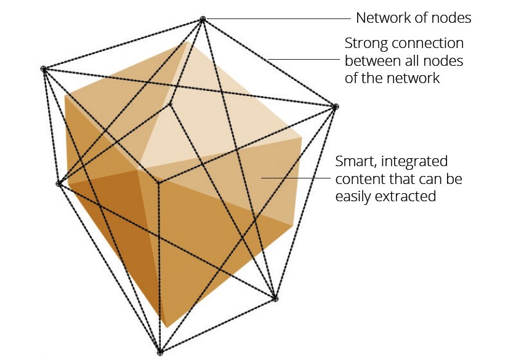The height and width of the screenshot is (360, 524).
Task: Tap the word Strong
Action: (365, 44)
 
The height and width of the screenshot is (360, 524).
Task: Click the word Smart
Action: (355, 162)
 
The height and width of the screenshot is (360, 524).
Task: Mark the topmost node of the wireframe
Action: (202, 20)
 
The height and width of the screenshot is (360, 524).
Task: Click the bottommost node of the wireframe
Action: (160, 353)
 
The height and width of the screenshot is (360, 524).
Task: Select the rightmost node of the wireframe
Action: (336, 107)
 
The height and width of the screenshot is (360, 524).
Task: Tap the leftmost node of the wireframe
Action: (44, 69)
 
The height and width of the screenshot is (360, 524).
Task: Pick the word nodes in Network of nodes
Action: (453, 18)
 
